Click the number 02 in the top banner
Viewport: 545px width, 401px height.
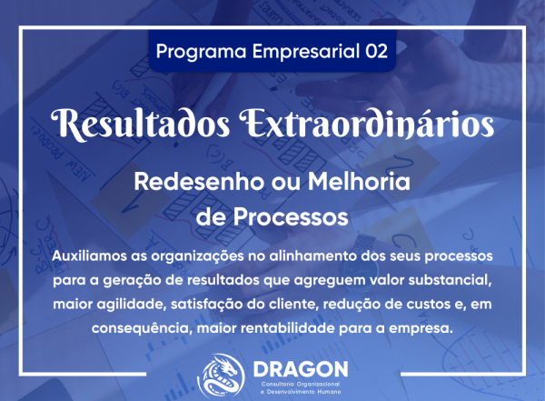click(x=375, y=52)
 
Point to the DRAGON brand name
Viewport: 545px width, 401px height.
click(x=299, y=369)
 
